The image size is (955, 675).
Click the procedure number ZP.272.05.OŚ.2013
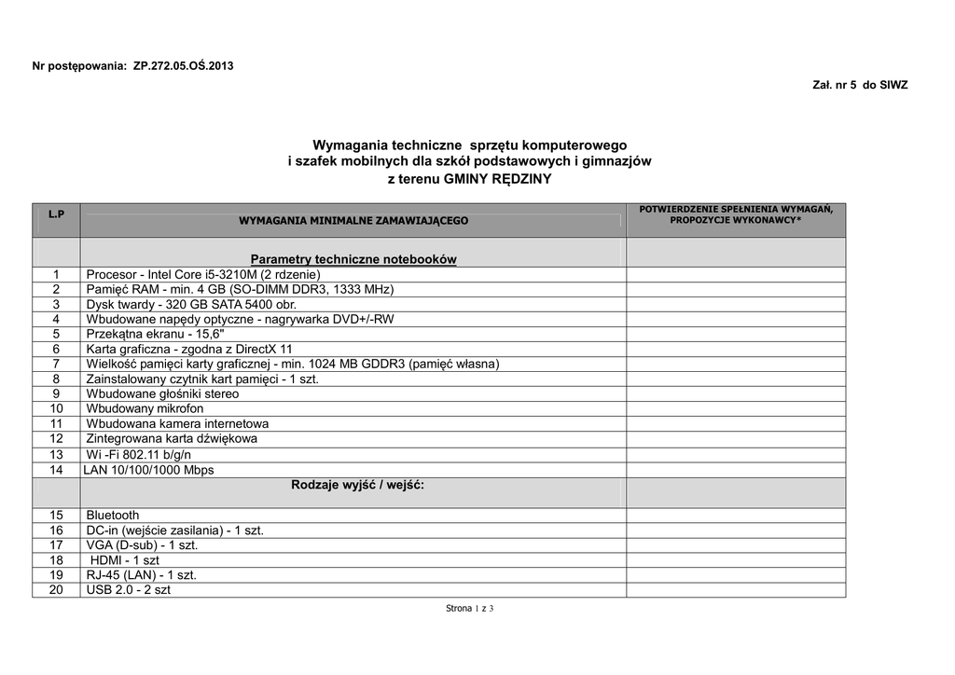tap(184, 66)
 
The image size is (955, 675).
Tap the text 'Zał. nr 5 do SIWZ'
tap(860, 85)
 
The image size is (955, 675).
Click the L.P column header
tap(56, 214)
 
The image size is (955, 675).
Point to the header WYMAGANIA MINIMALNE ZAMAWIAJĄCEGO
tap(353, 221)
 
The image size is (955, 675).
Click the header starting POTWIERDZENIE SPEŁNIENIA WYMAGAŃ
tap(736, 214)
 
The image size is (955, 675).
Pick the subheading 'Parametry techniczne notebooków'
tap(353, 258)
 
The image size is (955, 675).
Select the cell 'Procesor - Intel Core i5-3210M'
tap(203, 274)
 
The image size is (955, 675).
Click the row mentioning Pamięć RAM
tap(240, 289)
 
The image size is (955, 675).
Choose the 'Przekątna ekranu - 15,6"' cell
tap(156, 334)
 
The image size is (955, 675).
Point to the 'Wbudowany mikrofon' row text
tap(145, 408)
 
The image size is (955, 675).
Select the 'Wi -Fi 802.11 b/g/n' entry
tap(138, 454)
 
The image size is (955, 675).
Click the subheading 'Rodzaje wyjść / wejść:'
tap(357, 485)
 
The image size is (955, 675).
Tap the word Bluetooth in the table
tap(113, 515)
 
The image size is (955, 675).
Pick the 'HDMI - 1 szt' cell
tap(125, 560)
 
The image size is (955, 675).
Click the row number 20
tap(56, 589)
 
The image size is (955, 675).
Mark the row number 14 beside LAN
tap(56, 470)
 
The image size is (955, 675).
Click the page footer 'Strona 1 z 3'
tap(469, 609)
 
